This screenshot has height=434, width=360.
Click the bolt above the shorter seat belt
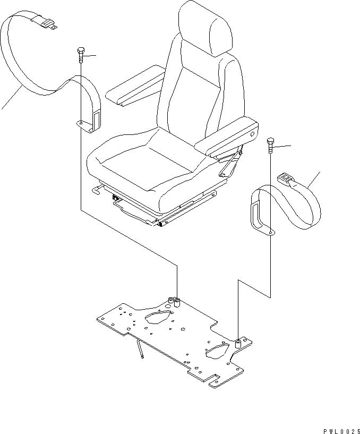[271, 145]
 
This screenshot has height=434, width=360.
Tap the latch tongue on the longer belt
[46, 22]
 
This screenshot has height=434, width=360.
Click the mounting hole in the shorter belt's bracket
[271, 232]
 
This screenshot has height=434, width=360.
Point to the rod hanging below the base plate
[141, 351]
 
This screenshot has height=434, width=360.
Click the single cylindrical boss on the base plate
[238, 344]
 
